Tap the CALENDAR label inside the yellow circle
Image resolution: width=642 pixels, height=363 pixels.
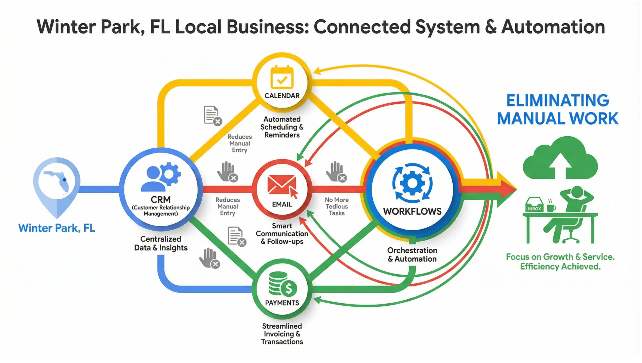(282, 96)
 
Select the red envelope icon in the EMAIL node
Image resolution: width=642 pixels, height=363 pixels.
(281, 185)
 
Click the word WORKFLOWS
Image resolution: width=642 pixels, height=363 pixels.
(412, 211)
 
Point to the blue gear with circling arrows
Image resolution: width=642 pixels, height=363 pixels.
(412, 183)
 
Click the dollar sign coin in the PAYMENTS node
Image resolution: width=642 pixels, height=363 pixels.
(289, 288)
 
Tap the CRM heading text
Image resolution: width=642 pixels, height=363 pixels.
(160, 200)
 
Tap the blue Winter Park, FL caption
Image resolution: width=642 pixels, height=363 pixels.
(57, 228)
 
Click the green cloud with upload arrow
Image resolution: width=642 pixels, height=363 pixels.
(560, 158)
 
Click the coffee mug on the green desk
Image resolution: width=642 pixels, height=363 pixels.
(551, 208)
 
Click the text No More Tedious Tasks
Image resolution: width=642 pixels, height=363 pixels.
(337, 206)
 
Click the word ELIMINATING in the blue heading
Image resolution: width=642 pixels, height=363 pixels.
(557, 101)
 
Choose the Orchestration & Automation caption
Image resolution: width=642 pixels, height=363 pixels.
(412, 254)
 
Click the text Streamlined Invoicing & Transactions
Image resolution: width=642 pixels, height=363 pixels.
(282, 334)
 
